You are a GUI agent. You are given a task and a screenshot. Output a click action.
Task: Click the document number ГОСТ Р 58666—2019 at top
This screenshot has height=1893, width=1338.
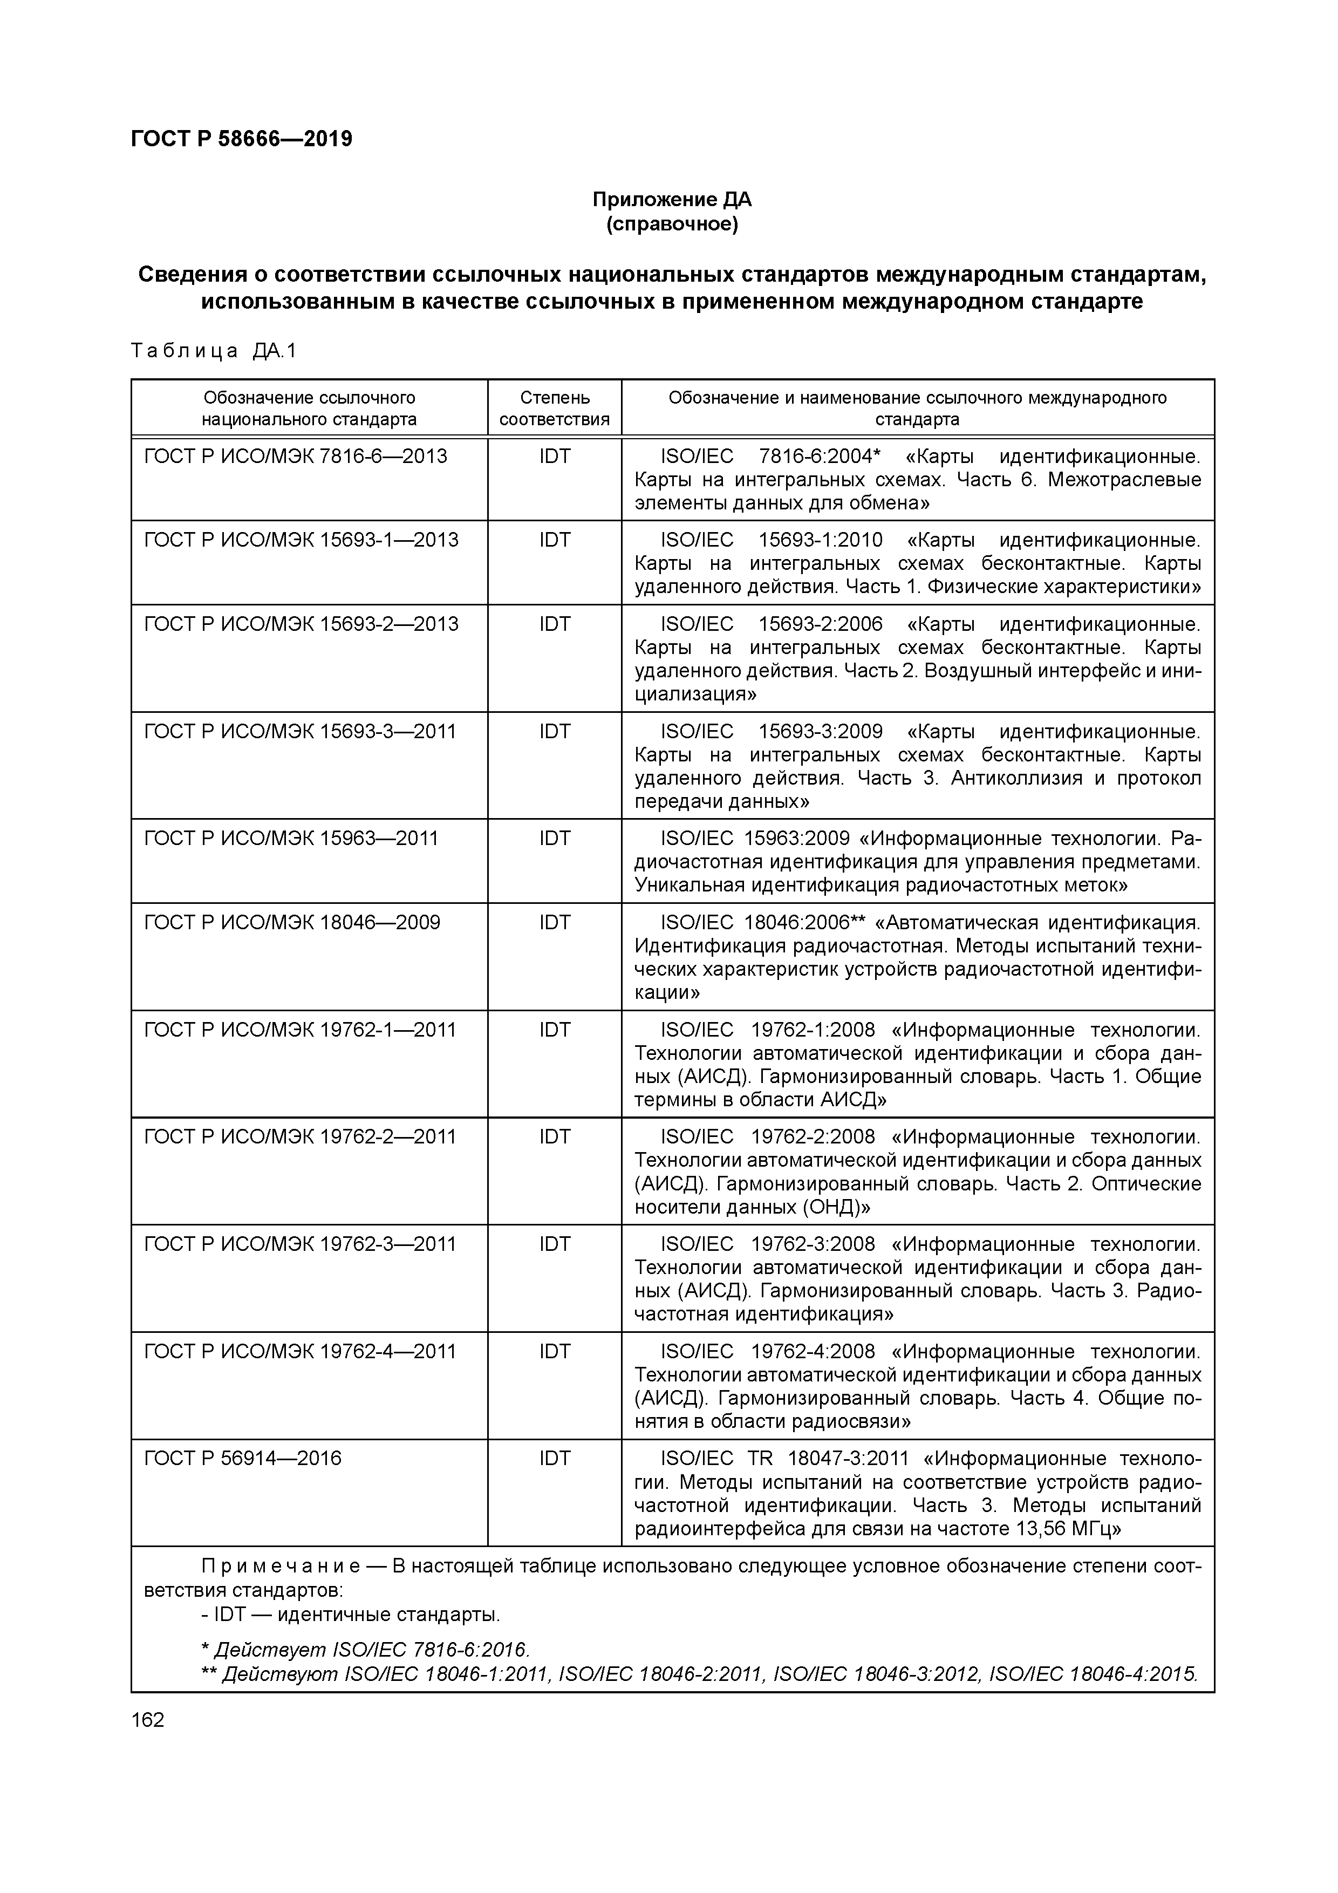coord(242,139)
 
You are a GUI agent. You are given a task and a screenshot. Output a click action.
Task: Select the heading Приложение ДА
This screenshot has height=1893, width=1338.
coord(672,200)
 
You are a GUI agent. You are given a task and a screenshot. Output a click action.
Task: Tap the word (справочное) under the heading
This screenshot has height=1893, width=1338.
coord(672,224)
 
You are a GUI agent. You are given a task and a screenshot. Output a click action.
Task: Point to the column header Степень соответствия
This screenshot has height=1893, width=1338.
coord(554,408)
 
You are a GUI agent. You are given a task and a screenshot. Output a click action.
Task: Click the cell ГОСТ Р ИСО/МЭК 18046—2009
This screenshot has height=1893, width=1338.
coord(292,922)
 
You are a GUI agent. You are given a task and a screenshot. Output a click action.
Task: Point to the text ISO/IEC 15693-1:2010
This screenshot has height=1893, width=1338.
coord(771,540)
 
